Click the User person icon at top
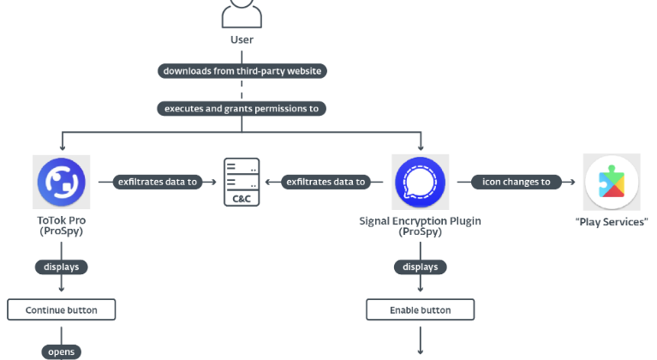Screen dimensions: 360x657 point(242,13)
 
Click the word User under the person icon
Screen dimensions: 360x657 point(242,39)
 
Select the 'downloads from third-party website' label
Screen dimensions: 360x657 point(242,71)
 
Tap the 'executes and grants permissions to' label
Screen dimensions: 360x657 point(242,109)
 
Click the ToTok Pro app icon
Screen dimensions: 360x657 point(61,182)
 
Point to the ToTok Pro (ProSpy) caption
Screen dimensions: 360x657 point(61,226)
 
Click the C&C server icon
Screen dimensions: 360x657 point(242,182)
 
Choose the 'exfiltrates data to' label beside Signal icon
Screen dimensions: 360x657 point(326,182)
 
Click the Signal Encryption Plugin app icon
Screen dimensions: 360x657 point(420,182)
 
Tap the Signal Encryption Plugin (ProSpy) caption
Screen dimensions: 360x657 point(420,226)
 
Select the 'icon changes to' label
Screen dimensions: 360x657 point(516,182)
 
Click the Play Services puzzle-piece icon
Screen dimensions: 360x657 point(612,183)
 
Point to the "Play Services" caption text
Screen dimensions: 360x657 point(612,222)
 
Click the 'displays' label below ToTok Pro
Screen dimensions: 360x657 point(61,267)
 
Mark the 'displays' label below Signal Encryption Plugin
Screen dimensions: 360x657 point(420,267)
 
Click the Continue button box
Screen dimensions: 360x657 point(61,309)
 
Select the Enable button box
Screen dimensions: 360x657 point(420,309)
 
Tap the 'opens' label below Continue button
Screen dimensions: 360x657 point(61,351)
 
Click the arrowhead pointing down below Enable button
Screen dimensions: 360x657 point(420,351)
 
